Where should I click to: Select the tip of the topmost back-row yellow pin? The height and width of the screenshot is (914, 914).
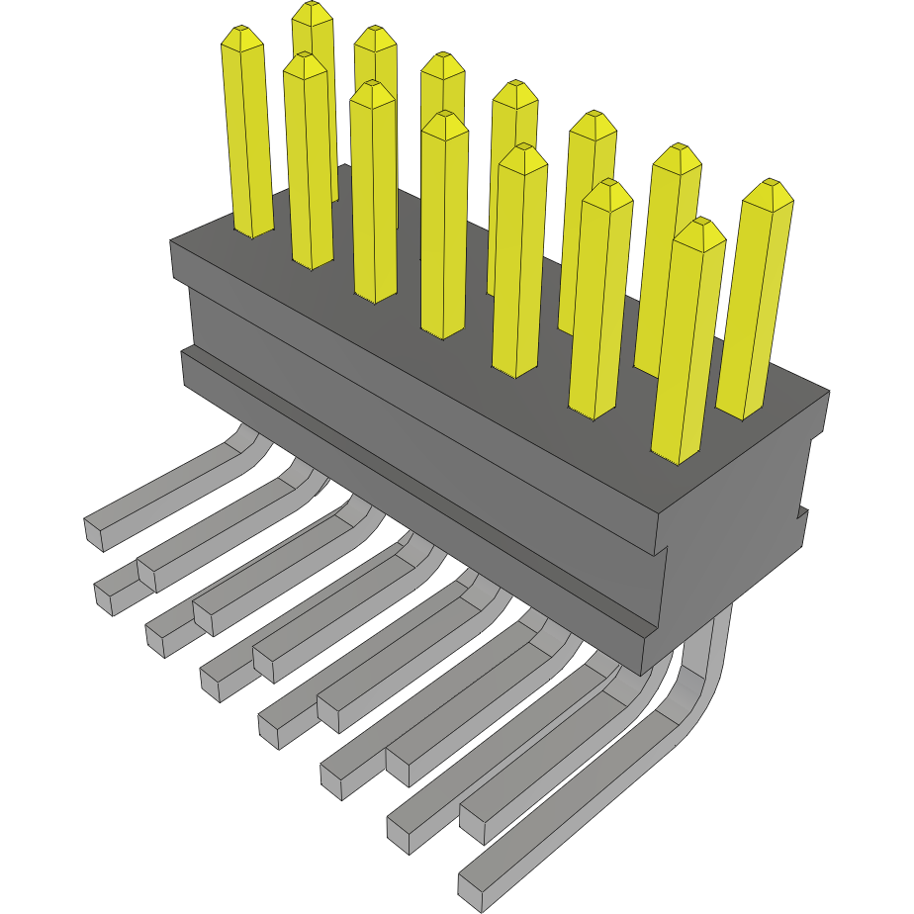tap(313, 12)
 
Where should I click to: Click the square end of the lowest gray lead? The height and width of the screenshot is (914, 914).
tap(471, 891)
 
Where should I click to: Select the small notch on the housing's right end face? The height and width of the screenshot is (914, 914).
tap(803, 514)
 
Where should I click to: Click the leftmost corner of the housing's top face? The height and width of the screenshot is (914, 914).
tap(172, 242)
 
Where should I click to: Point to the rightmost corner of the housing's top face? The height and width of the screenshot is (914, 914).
tap(828, 393)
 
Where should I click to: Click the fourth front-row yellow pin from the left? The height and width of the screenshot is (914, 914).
tap(443, 228)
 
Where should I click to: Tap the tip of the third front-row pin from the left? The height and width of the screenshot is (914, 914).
tap(372, 92)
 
